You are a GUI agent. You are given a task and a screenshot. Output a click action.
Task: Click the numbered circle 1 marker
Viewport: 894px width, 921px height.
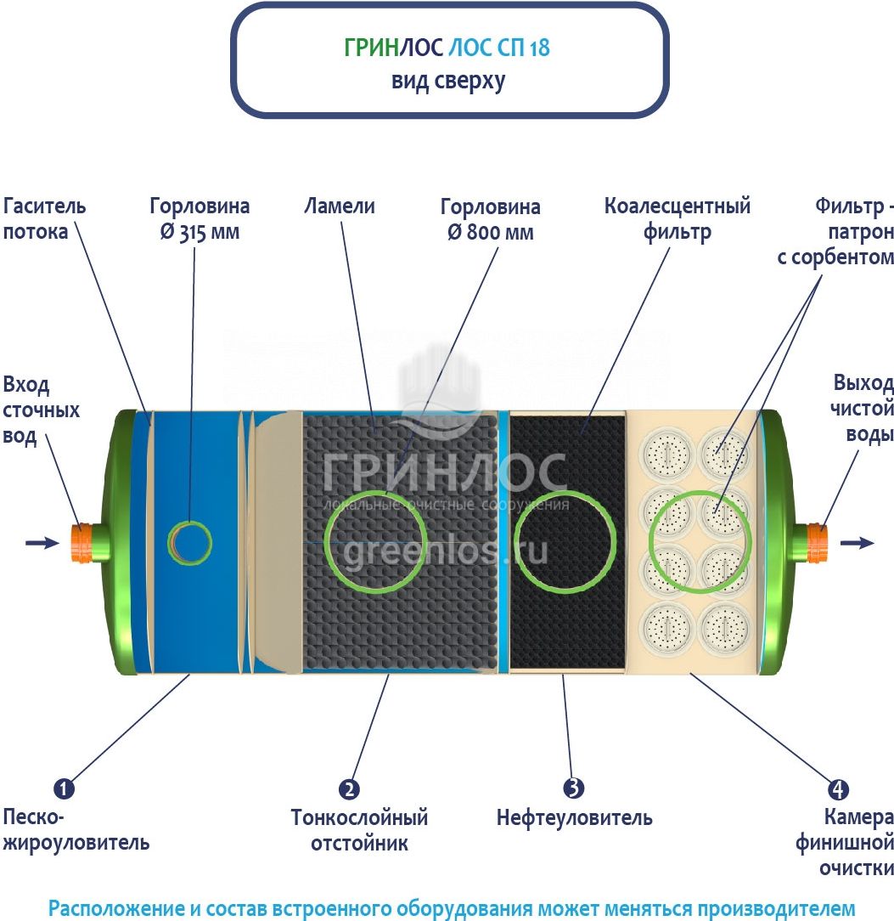pos(64,788)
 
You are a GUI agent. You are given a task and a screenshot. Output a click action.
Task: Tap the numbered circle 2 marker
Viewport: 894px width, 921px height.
pos(349,788)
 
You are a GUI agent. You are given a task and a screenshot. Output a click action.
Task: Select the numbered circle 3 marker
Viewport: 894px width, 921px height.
pos(573,788)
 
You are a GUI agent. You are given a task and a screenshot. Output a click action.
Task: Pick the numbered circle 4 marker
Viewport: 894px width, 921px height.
pos(838,788)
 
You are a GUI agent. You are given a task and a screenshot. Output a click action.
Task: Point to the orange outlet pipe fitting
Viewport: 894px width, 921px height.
pos(817,542)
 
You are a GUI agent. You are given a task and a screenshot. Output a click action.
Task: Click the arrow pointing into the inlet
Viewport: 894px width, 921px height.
pos(42,543)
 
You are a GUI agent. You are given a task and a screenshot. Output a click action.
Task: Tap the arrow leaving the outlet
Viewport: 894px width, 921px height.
pos(857,542)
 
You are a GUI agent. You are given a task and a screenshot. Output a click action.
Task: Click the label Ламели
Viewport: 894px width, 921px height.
pos(340,206)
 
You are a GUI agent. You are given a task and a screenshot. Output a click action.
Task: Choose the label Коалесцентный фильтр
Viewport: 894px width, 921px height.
pos(678,218)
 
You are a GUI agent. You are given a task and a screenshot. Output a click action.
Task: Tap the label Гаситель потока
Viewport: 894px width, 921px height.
pos(45,218)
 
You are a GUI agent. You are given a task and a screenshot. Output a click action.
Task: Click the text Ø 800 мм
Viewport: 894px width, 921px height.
pos(491,232)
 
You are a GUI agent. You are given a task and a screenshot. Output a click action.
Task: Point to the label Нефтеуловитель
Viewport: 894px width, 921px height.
pos(575,817)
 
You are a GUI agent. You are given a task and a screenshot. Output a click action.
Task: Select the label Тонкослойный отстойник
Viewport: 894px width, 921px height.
pos(359,830)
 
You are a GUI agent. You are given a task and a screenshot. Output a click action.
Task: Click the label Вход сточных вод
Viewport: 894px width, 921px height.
pos(41,410)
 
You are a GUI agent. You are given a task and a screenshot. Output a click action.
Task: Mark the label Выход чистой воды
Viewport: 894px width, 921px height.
pos(862,408)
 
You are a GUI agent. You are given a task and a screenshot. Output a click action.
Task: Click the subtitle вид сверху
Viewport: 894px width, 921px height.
pos(448,81)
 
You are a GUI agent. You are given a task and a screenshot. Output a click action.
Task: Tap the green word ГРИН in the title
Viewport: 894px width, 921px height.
pos(372,48)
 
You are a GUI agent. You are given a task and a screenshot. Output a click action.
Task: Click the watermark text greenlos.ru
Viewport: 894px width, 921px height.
pos(445,551)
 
